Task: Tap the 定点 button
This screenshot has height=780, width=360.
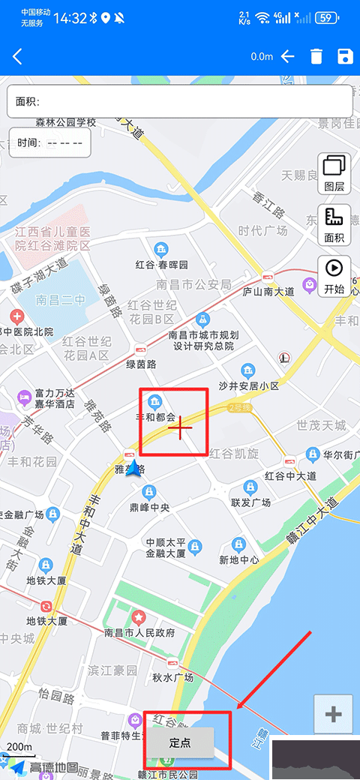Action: [180, 743]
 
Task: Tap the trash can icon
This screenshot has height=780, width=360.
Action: [316, 57]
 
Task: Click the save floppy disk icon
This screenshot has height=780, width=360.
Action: [345, 57]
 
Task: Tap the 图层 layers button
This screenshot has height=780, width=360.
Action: [334, 172]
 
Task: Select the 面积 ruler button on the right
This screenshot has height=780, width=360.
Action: [334, 224]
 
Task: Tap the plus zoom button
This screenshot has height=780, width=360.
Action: [334, 715]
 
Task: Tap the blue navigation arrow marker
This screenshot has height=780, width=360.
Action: [135, 469]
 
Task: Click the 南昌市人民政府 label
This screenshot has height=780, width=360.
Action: [139, 633]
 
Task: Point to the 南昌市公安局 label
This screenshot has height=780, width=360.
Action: [193, 284]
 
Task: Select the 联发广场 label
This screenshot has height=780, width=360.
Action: [250, 502]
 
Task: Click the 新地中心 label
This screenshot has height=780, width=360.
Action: [239, 559]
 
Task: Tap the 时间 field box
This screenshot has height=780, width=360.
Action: [50, 142]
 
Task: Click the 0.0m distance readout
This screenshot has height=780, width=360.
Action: [262, 57]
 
